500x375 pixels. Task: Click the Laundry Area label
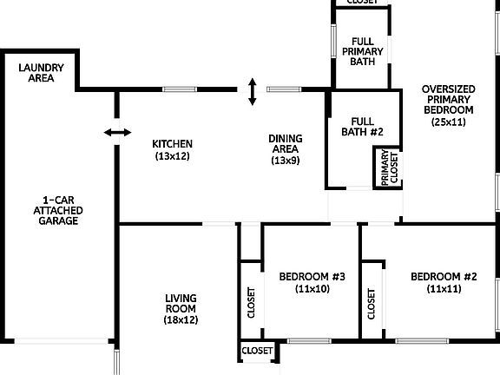(41, 73)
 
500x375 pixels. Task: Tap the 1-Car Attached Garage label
(58, 210)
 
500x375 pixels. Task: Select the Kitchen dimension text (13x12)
(172, 156)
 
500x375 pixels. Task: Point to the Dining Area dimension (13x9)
(286, 161)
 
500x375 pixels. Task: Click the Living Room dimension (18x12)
(181, 319)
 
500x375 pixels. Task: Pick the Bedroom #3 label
(312, 276)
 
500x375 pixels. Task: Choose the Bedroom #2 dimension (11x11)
(444, 289)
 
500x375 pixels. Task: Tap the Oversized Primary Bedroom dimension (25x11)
(448, 122)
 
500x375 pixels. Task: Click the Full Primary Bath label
(363, 51)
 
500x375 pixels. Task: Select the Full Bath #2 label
(362, 127)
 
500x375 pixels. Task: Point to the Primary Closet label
(390, 168)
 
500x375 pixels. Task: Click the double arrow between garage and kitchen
(118, 132)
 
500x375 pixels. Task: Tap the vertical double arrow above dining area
(253, 91)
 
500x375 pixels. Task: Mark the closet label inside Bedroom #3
(251, 303)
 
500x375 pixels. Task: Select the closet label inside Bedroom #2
(371, 304)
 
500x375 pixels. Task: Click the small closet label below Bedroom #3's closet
(257, 351)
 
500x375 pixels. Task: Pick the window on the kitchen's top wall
(180, 89)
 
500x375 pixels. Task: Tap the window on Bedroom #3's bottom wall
(309, 341)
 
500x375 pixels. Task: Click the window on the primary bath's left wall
(333, 41)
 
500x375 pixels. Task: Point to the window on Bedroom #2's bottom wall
(422, 341)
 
